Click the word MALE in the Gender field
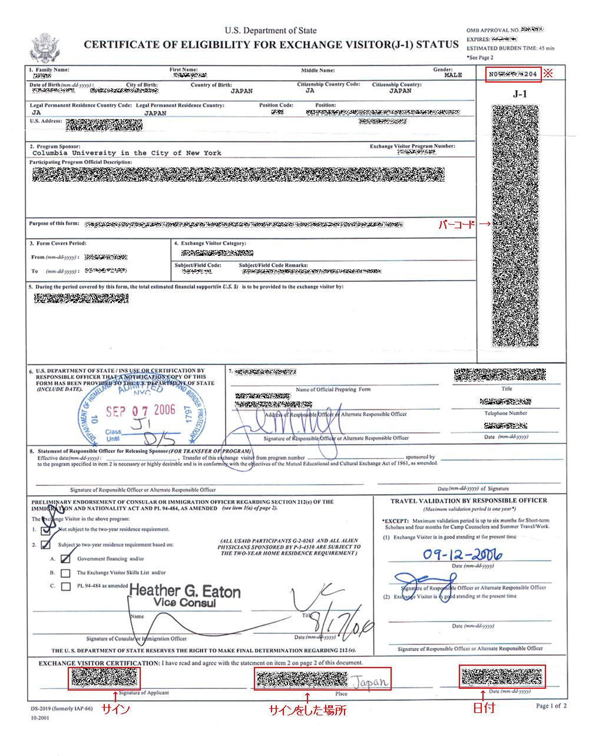453,75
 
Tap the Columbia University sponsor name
127,153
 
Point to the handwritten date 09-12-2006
462,554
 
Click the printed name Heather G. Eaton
184,591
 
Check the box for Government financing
66,558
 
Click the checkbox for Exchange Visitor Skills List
66,573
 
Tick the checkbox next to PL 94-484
66,586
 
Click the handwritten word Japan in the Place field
370,682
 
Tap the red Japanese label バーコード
459,225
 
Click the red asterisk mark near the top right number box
548,74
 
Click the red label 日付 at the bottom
484,708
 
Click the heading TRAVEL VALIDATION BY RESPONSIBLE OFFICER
468,501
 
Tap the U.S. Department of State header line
270,31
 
